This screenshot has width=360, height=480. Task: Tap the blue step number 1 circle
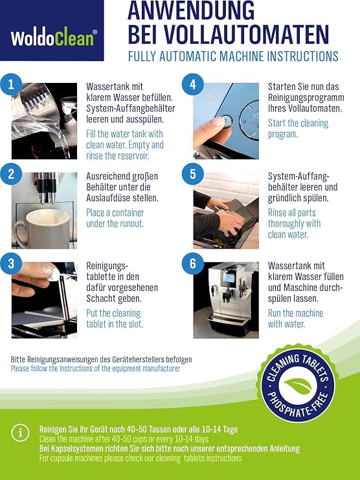pyautogui.click(x=11, y=84)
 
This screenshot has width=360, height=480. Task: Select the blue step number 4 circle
pyautogui.click(x=193, y=84)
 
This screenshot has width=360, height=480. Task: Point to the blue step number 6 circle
pyautogui.click(x=193, y=264)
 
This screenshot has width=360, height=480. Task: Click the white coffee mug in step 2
pyautogui.click(x=43, y=228)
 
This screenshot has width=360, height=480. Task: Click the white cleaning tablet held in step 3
pyautogui.click(x=54, y=274)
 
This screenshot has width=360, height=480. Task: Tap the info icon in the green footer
pyautogui.click(x=20, y=433)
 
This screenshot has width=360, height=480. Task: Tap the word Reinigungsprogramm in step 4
pyautogui.click(x=306, y=98)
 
